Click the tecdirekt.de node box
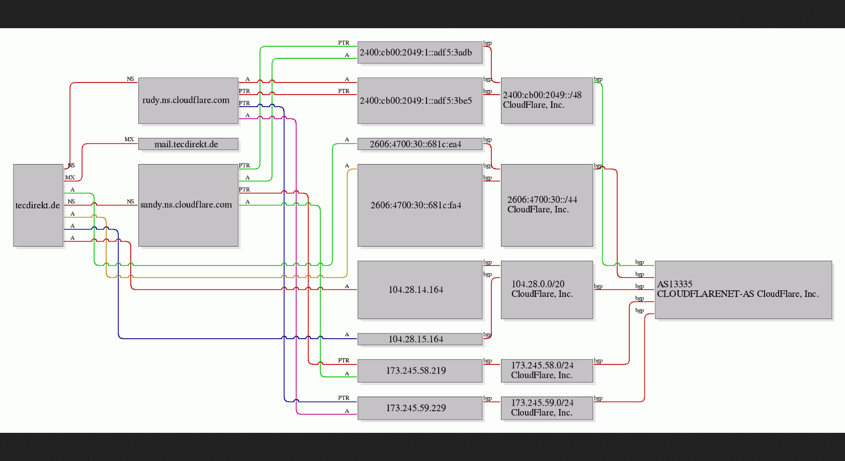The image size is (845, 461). point(38,205)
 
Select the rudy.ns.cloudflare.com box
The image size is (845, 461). point(188,101)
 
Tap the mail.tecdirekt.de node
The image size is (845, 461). point(188,144)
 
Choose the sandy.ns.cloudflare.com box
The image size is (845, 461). point(188,205)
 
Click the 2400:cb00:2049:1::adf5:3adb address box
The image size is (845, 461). point(420,52)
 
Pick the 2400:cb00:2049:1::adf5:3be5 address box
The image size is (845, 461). point(420,101)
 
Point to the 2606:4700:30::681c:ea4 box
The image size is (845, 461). point(420,144)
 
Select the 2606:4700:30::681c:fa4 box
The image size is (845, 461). point(420,205)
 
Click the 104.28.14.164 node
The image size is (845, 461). point(420,289)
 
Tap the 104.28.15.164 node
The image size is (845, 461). point(420,339)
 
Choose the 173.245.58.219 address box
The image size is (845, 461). point(420,370)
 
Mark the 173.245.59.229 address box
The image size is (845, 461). point(420,408)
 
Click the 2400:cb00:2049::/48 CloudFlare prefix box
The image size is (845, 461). point(547,101)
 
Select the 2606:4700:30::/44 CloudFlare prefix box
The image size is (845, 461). point(547,205)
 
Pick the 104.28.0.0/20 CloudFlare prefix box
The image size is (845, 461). point(547,289)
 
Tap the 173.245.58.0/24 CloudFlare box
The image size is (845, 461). point(547,370)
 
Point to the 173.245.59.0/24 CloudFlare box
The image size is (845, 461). point(547,408)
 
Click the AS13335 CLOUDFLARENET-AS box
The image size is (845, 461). point(743,289)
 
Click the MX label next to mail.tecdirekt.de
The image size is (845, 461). point(129,139)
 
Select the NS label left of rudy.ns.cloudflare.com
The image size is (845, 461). point(130,79)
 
